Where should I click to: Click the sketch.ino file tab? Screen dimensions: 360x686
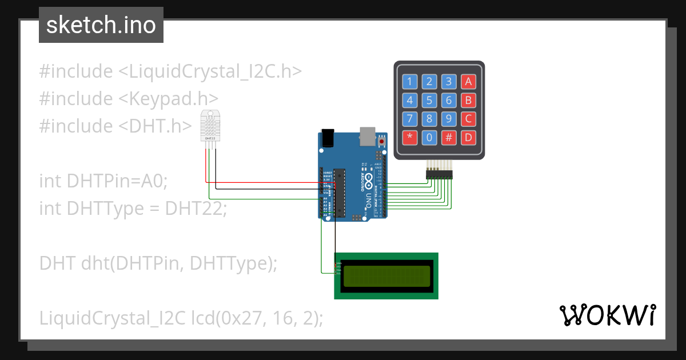click(x=101, y=25)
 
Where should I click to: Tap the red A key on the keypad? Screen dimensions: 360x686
click(x=468, y=82)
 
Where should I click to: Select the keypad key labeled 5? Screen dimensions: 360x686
click(x=429, y=101)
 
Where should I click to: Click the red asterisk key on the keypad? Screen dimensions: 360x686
click(x=409, y=138)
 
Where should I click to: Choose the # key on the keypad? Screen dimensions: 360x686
click(x=449, y=138)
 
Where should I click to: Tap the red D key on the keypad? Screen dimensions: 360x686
click(x=468, y=138)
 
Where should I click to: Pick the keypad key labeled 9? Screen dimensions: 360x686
click(x=449, y=119)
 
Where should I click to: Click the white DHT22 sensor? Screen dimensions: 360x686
click(x=210, y=126)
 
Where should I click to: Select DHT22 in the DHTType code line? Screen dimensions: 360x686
click(x=196, y=209)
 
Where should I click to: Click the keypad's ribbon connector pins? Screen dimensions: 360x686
click(x=438, y=174)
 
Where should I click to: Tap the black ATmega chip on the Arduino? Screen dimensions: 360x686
click(x=340, y=193)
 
